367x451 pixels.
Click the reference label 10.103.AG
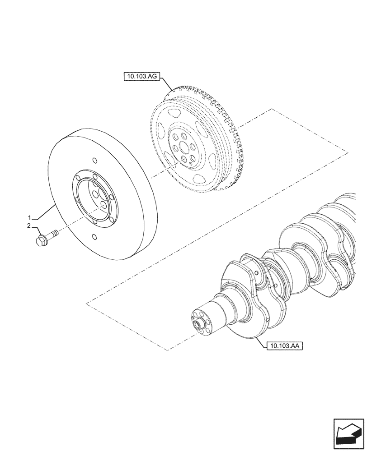(x=140, y=77)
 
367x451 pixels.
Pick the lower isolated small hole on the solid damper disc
(x=94, y=237)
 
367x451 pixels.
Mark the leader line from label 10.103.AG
(x=165, y=85)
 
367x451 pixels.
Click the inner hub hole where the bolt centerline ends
(x=104, y=206)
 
